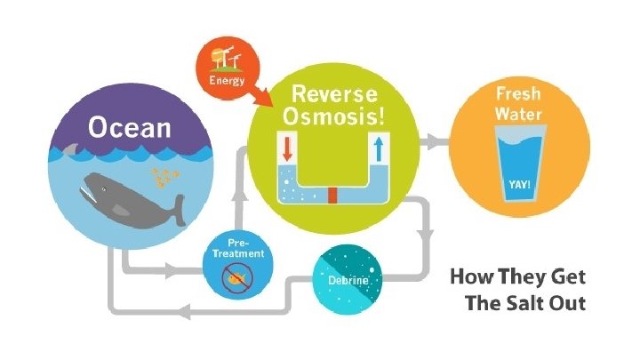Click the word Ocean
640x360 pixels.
129,126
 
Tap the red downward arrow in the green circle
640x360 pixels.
287,148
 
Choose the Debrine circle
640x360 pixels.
346,280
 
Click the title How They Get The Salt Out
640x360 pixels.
516,290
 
